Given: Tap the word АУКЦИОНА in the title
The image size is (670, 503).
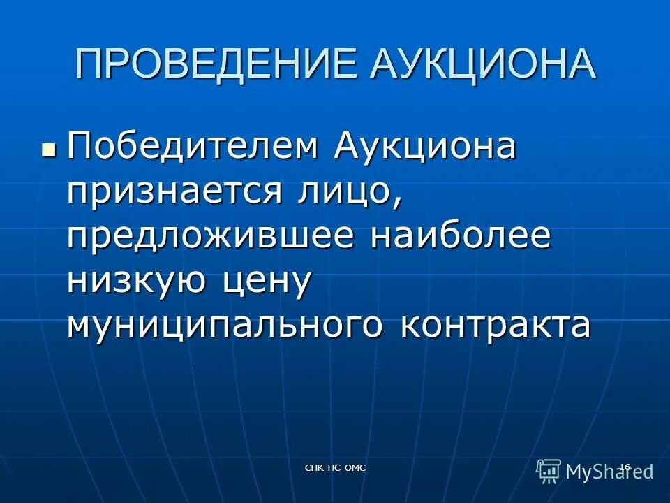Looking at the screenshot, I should (483, 64).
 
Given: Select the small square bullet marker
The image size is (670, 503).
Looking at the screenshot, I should (48, 130).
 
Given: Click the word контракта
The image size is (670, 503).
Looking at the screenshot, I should (496, 326).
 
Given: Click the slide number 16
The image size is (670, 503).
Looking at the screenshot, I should (625, 467).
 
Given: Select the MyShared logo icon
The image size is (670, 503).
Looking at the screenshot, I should (549, 470).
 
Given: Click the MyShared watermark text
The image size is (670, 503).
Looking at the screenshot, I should (609, 472).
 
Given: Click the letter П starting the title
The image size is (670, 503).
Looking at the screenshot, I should (87, 64).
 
